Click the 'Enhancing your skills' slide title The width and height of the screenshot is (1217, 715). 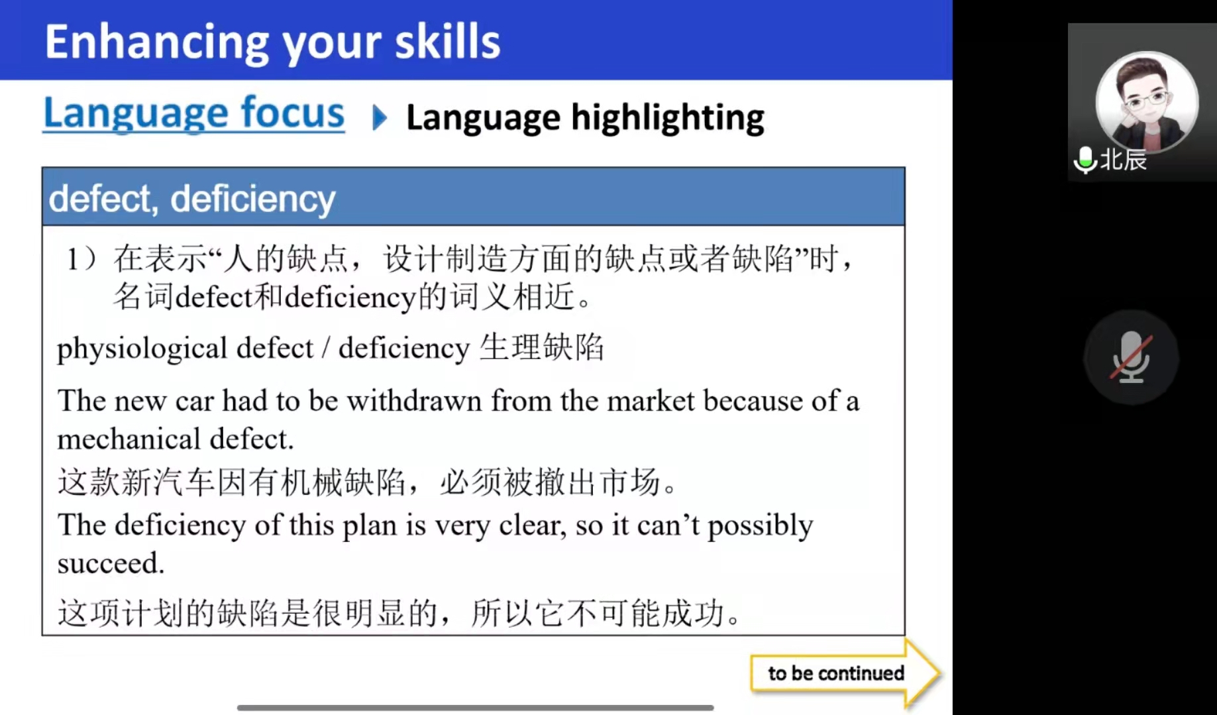(x=272, y=42)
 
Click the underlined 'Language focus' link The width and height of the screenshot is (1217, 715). (x=193, y=113)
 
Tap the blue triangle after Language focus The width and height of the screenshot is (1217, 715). (x=380, y=117)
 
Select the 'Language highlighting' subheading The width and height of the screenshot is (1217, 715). (x=585, y=119)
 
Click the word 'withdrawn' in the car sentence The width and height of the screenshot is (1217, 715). (x=414, y=401)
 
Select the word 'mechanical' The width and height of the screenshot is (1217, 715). (x=129, y=439)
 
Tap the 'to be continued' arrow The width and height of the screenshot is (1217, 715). (x=845, y=673)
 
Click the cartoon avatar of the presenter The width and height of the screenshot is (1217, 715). (x=1147, y=102)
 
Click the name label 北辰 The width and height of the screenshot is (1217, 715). (x=1123, y=160)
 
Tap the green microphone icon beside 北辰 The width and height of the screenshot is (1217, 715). (x=1085, y=160)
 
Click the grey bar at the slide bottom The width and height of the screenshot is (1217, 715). (x=475, y=708)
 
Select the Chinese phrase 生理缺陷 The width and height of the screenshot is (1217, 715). (x=541, y=347)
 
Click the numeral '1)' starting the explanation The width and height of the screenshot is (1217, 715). (x=81, y=258)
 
